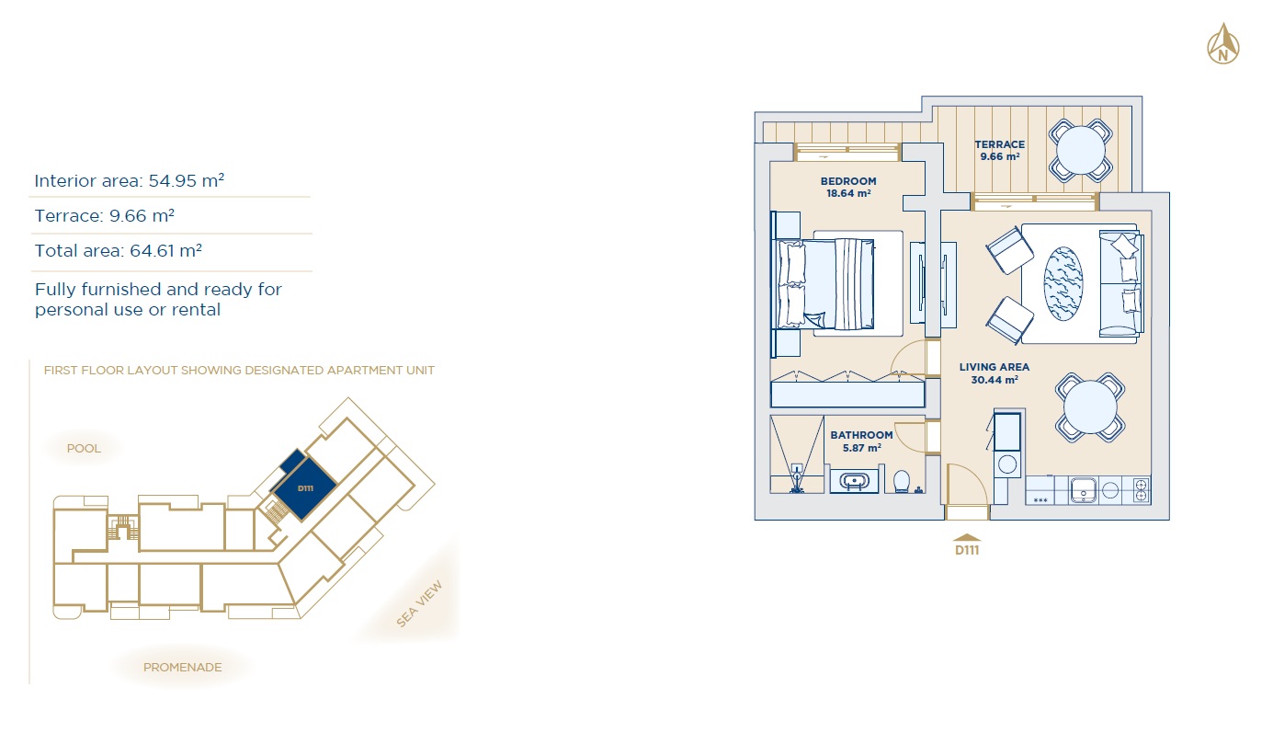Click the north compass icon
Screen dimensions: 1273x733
pos(1223,44)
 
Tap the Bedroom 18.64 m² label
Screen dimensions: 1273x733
pos(848,187)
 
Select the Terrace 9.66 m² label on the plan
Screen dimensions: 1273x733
pos(1000,151)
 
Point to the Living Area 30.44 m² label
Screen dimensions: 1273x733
pos(994,373)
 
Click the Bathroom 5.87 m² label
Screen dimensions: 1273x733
pos(861,441)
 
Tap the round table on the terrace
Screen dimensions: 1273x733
pos(1080,151)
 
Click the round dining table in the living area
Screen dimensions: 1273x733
pos(1089,407)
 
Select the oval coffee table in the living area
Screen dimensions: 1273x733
pos(1063,283)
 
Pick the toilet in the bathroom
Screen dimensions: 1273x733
pos(902,481)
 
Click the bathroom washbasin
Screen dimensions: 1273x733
pos(854,481)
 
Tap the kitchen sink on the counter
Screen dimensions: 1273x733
pos(1083,490)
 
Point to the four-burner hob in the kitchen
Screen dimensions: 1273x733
pos(1141,490)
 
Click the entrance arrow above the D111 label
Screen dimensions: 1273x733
pos(967,537)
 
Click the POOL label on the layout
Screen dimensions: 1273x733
pos(84,449)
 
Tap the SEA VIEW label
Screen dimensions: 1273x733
pos(419,604)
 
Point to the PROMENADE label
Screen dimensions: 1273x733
pos(182,667)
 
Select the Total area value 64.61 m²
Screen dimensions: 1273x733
pos(166,251)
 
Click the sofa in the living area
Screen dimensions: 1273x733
pos(1120,284)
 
